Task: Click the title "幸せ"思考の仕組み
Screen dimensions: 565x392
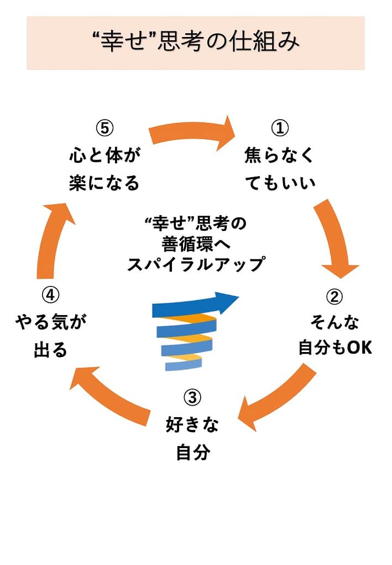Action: click(196, 42)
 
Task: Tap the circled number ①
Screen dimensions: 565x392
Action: click(279, 128)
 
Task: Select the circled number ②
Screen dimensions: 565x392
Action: click(334, 297)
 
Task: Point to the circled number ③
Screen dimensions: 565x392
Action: click(192, 397)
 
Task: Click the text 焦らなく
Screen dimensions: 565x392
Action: click(279, 156)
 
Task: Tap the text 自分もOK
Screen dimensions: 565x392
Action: click(334, 348)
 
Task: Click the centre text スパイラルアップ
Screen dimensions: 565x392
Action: click(196, 265)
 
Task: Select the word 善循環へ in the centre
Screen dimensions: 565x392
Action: click(196, 244)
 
